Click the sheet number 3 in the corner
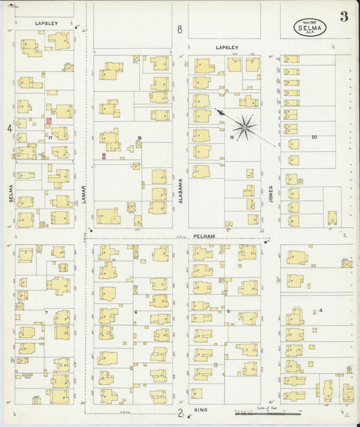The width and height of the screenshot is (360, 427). (344, 17)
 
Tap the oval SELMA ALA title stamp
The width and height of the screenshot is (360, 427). (311, 28)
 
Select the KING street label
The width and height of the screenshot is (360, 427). (201, 410)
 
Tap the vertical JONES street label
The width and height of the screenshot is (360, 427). (271, 195)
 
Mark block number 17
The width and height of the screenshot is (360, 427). (51, 137)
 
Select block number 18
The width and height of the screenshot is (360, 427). (139, 138)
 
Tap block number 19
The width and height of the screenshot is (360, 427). (231, 137)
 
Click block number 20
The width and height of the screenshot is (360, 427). (313, 137)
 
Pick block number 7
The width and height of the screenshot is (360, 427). (46, 313)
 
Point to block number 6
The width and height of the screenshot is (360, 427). (136, 311)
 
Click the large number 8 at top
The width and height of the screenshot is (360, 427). (180, 29)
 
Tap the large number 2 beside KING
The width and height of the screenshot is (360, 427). (180, 413)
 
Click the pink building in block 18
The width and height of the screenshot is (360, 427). (103, 156)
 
